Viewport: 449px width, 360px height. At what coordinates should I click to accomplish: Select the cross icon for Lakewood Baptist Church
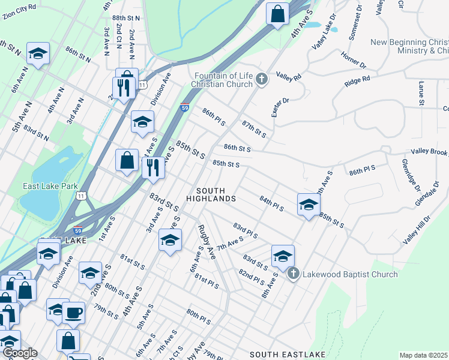point(293,274)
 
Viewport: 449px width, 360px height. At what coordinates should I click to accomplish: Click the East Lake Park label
point(47,186)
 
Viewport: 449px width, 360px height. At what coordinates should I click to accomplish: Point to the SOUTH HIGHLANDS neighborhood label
point(211,194)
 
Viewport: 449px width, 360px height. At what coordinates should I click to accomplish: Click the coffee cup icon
point(74,313)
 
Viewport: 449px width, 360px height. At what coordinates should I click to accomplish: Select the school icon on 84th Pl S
point(308,205)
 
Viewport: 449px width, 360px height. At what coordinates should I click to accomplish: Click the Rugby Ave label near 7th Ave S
point(205,242)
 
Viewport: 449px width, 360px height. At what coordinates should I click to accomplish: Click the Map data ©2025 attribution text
point(423,355)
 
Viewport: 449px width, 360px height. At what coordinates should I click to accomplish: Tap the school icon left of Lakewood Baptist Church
point(283,256)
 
